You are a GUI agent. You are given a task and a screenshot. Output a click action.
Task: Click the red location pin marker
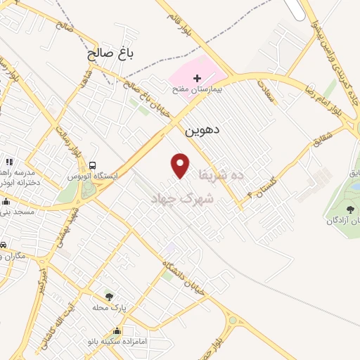[181, 165]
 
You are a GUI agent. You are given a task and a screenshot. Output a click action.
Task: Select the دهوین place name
[202, 130]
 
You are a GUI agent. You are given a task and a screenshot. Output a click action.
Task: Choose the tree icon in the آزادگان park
[349, 210]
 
